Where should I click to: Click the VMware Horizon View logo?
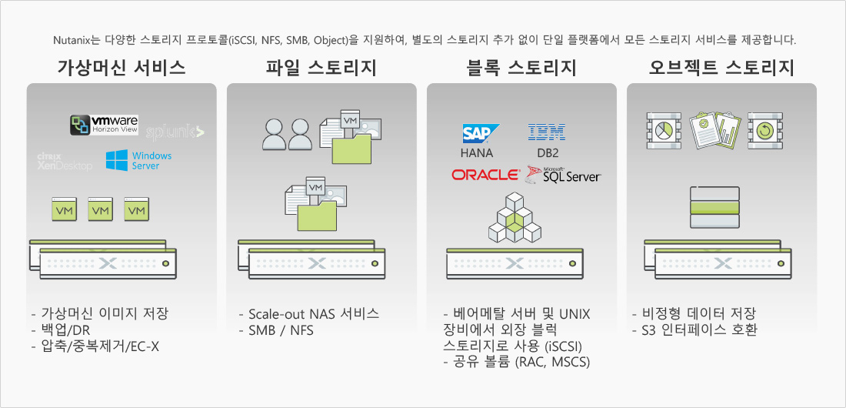[x=104, y=125]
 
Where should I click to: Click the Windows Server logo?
[x=138, y=160]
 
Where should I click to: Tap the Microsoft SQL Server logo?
[x=563, y=175]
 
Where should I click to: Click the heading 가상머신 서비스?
[x=122, y=68]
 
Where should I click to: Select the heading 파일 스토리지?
[x=321, y=68]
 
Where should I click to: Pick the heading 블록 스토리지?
[x=521, y=68]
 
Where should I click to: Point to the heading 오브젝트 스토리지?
[x=721, y=68]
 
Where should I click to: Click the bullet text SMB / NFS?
[x=276, y=330]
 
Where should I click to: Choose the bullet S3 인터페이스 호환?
[x=695, y=329]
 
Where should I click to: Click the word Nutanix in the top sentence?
[x=71, y=40]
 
